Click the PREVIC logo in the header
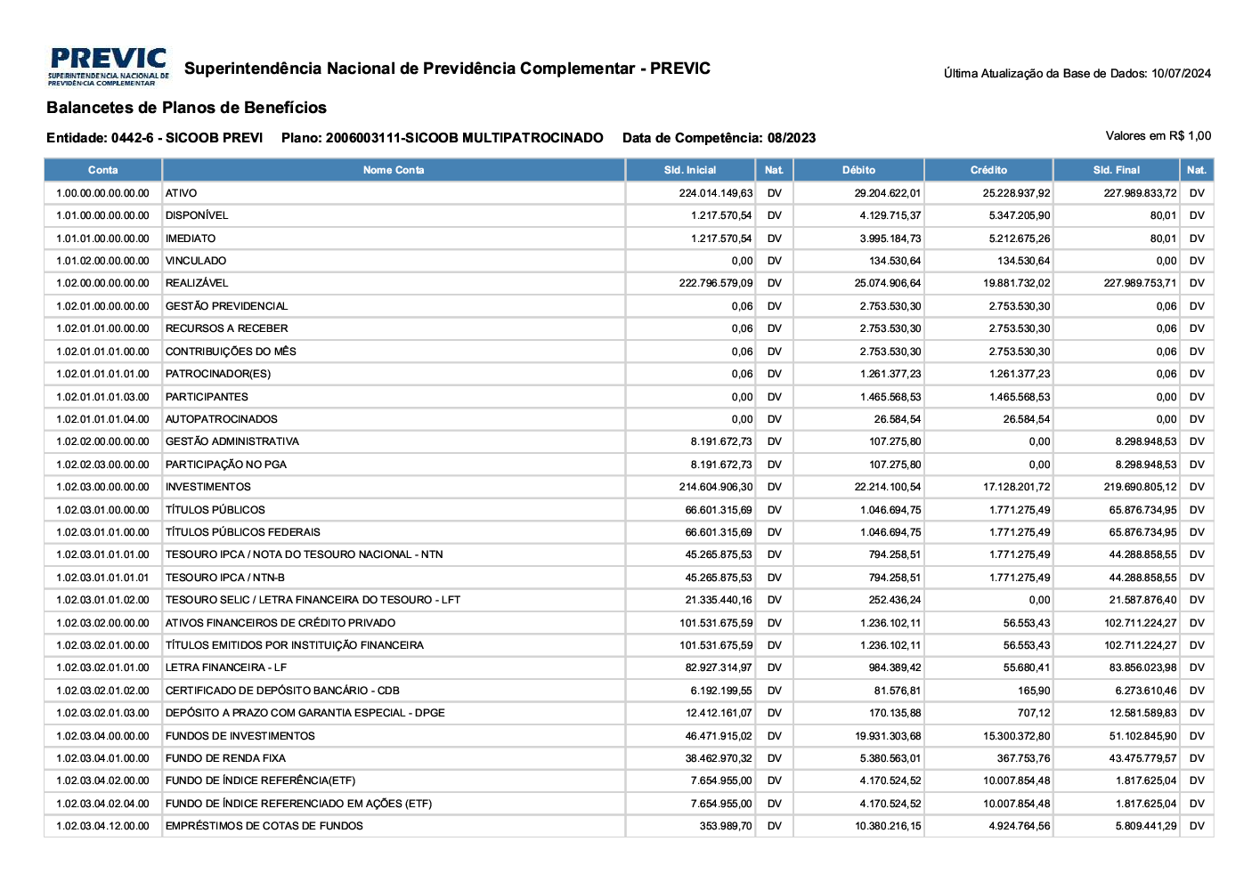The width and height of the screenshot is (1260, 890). (x=108, y=67)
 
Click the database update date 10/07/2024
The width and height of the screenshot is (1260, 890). (x=1181, y=74)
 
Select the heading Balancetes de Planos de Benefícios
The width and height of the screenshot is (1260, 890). (x=186, y=108)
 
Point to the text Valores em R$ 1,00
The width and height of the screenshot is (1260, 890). (x=1158, y=136)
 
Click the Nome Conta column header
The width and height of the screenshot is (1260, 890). (x=394, y=170)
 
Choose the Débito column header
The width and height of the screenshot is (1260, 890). (x=858, y=170)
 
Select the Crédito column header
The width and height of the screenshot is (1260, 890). (x=988, y=170)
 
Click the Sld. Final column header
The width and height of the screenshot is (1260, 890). (x=1117, y=170)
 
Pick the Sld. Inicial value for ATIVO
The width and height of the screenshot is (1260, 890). (x=716, y=193)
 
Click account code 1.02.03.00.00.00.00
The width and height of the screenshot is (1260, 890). (x=102, y=487)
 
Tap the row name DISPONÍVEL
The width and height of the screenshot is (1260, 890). (x=197, y=215)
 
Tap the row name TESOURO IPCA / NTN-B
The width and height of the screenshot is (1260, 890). (x=225, y=578)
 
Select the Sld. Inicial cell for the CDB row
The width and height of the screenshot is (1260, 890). (x=721, y=691)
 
